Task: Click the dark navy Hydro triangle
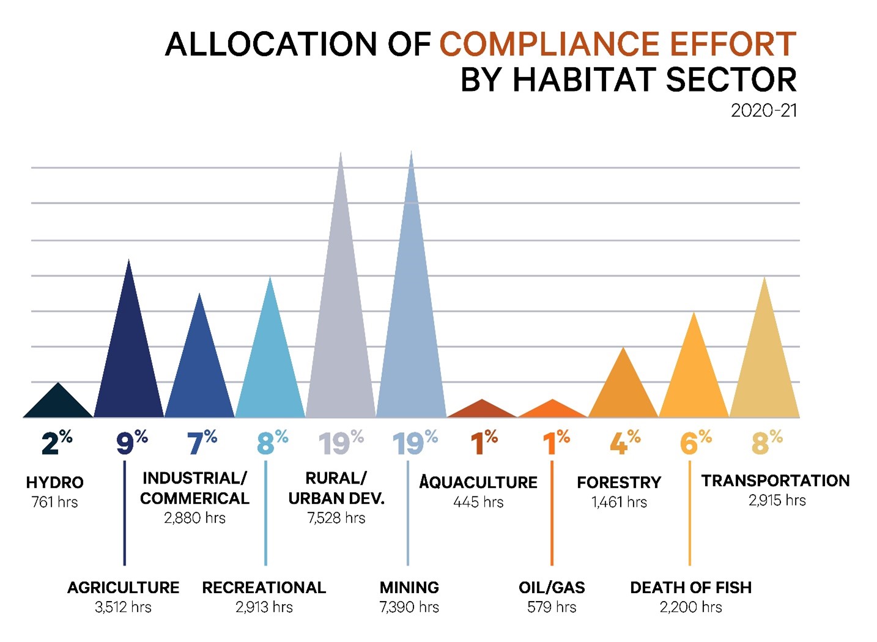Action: (58, 404)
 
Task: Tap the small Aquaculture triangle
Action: (482, 410)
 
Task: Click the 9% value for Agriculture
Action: (131, 442)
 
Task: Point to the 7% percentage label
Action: (202, 442)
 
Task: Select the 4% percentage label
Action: (624, 442)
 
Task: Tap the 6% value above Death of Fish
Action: (695, 442)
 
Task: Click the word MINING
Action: (409, 588)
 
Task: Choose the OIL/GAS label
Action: (552, 588)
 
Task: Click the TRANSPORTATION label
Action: (775, 481)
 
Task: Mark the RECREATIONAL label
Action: (264, 588)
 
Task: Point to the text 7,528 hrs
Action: (336, 518)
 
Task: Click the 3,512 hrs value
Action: (123, 607)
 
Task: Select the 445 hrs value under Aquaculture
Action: (478, 502)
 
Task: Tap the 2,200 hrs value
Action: (690, 607)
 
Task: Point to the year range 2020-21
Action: (764, 111)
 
